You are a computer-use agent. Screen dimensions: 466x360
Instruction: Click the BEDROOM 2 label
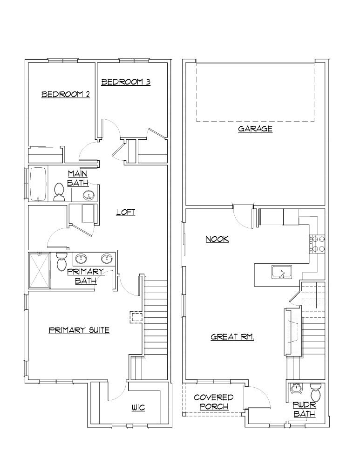(66, 94)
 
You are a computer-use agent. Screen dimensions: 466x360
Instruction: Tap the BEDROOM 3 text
(126, 82)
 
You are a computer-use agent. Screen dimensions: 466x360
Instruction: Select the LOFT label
(126, 212)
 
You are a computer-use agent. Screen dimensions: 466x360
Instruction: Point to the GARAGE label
(255, 129)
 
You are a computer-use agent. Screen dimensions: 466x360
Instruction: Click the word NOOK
(217, 239)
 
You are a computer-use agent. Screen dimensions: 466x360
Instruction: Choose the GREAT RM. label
(232, 336)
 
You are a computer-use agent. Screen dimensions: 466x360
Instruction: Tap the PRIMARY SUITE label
(79, 330)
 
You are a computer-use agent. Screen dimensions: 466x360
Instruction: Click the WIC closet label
(138, 408)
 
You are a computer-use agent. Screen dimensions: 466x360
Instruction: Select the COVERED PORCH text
(214, 402)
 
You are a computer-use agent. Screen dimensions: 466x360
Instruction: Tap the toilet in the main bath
(59, 192)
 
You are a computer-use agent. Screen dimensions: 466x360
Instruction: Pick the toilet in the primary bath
(61, 262)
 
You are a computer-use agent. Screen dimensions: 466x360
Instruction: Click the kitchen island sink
(281, 272)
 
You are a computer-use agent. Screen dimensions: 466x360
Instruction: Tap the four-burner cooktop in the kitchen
(318, 244)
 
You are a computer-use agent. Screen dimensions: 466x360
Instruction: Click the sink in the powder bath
(295, 388)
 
